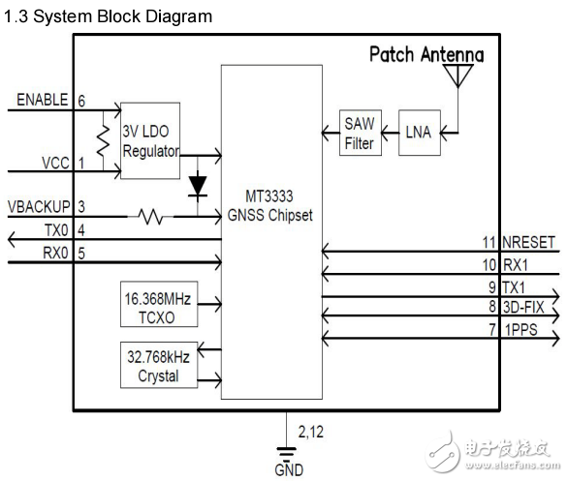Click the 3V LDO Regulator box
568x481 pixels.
150,139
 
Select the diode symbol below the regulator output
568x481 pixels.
199,183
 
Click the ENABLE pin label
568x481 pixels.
42,100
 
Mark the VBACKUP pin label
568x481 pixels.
38,206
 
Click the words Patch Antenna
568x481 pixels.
426,54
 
